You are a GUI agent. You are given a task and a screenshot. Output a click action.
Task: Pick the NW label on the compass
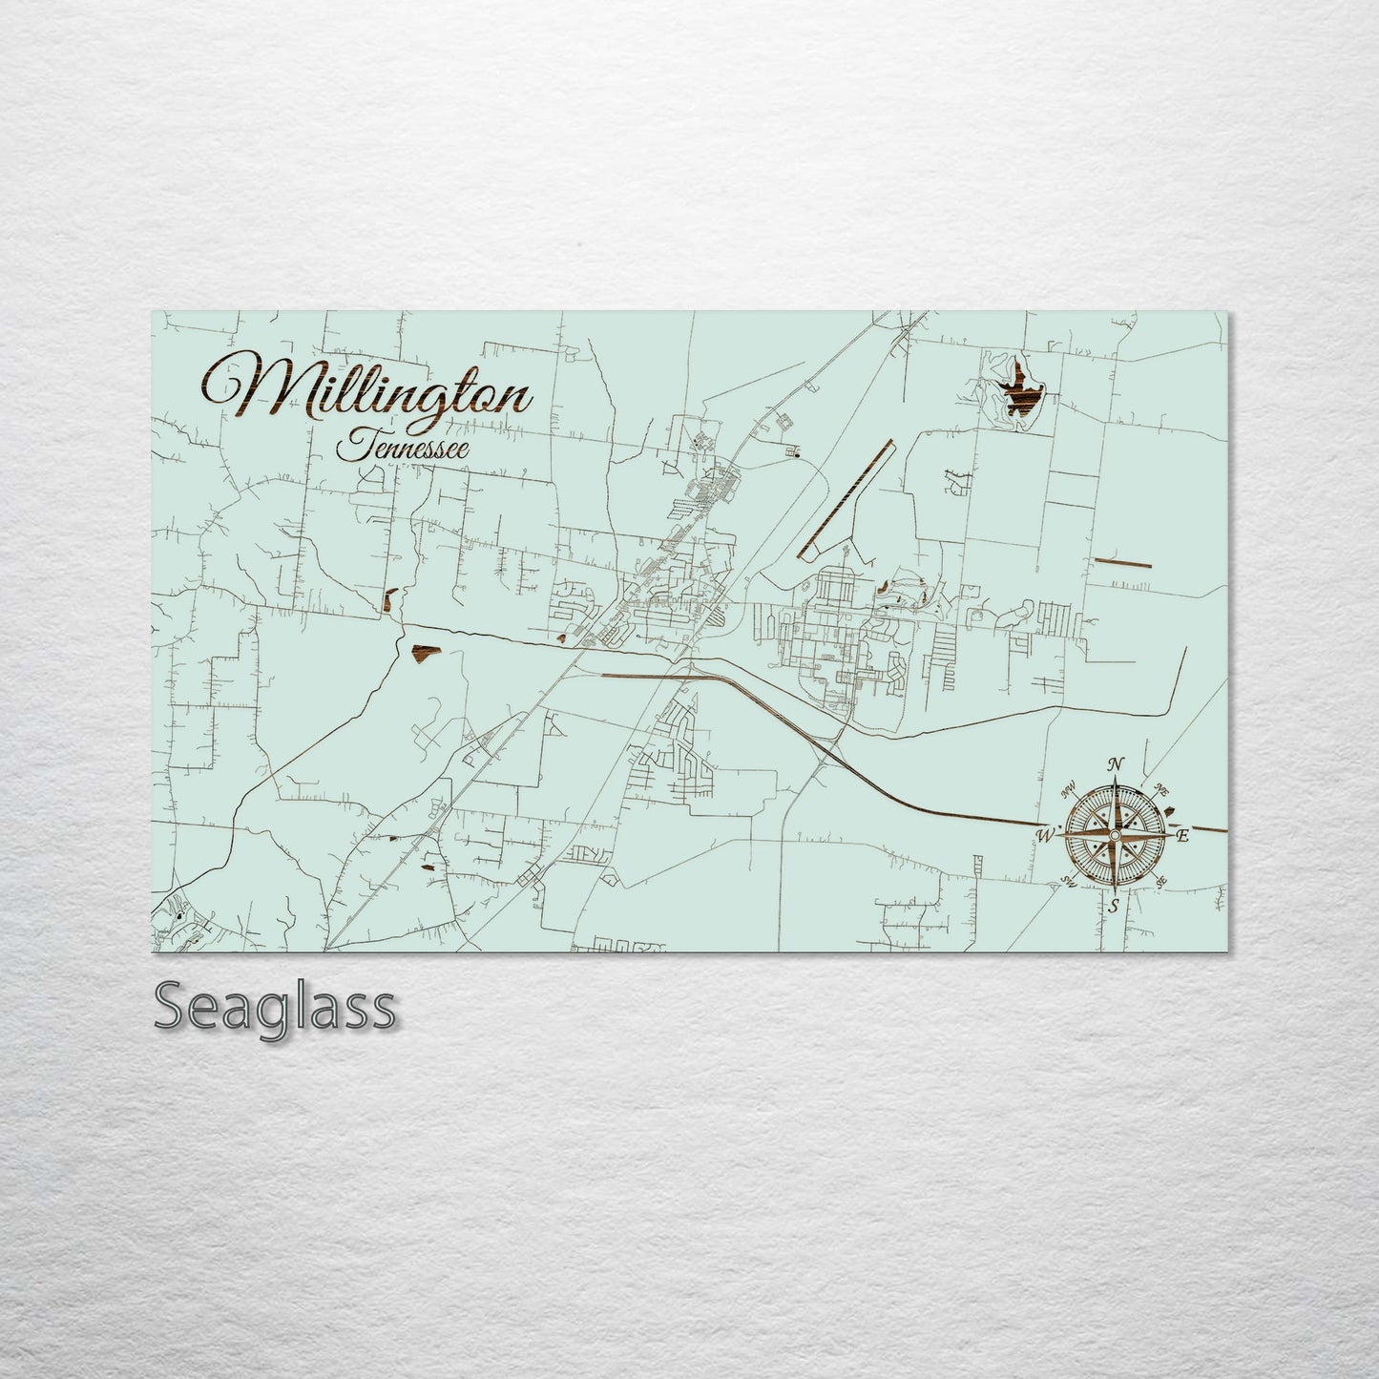click(x=1068, y=789)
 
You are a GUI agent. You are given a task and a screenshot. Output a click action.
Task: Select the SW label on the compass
click(x=1069, y=883)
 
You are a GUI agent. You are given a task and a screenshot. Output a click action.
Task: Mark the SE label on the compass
click(x=1160, y=882)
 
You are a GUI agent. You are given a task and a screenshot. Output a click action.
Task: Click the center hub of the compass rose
click(x=1113, y=835)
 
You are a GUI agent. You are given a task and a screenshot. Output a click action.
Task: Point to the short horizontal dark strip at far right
click(x=1122, y=562)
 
